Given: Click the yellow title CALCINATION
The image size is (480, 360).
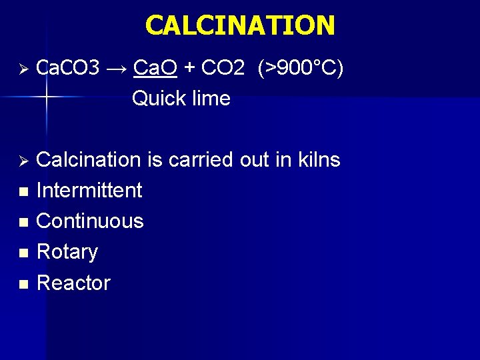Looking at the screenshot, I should [240, 26].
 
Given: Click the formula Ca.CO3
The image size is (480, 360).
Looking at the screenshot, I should [67, 68].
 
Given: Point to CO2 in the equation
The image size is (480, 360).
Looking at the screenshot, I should [223, 68].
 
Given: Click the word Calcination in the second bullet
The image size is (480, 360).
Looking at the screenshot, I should [88, 160].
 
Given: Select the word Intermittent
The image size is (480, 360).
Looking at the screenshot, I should [89, 191].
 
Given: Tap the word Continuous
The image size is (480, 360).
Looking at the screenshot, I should [90, 221].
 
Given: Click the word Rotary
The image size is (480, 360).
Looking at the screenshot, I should [67, 252].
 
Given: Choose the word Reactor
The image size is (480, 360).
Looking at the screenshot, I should [73, 283].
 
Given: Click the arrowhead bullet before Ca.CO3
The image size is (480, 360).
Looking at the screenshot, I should [22, 69].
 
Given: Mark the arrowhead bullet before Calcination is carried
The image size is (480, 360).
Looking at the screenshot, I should [22, 161].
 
